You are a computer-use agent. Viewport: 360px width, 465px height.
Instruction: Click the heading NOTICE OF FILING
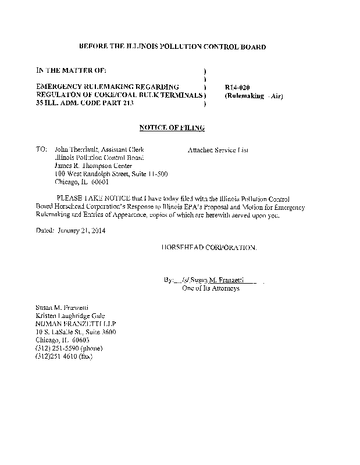(172, 127)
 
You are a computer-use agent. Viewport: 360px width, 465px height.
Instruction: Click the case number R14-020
(236, 87)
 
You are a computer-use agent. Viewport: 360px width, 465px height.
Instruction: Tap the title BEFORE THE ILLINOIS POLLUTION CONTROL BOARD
(172, 46)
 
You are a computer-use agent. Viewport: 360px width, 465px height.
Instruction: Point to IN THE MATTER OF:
(71, 70)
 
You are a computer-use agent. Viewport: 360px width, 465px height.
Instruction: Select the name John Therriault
(76, 149)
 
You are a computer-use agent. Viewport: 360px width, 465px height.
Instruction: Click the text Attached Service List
(218, 149)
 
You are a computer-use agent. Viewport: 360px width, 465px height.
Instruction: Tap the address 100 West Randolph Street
(91, 173)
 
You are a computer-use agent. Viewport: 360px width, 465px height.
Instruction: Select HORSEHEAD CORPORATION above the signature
(208, 247)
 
